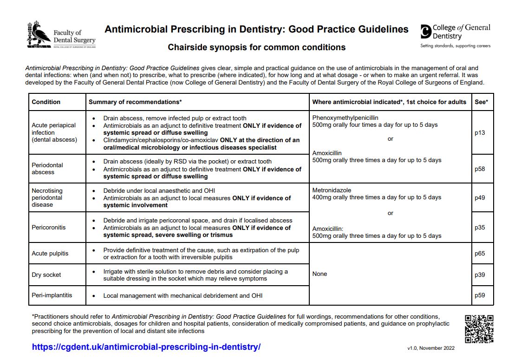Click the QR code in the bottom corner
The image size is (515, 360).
[479, 328]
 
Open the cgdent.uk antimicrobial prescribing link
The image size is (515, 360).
[146, 347]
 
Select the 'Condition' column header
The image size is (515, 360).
[46, 102]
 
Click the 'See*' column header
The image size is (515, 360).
[481, 102]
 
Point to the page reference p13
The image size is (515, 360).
[480, 133]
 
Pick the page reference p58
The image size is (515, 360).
[480, 169]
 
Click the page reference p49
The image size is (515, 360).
[480, 197]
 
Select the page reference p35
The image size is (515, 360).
[480, 228]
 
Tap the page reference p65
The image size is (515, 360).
[480, 254]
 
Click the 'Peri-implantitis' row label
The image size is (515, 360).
[52, 295]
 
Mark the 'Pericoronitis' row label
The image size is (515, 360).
[49, 228]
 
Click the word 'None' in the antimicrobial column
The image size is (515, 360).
[319, 274]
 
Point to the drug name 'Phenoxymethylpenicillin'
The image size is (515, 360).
[345, 118]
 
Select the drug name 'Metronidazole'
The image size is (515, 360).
[332, 190]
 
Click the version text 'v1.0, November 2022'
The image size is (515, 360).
[430, 348]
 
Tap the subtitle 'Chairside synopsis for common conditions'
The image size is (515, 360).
[256, 47]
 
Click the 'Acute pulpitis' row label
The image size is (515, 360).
[50, 254]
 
